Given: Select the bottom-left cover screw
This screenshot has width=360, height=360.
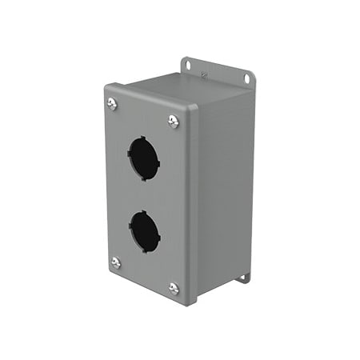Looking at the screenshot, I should tap(115, 262).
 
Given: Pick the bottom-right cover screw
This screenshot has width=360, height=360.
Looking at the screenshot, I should tap(174, 287).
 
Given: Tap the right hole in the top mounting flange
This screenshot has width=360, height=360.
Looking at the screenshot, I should tap(249, 78).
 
